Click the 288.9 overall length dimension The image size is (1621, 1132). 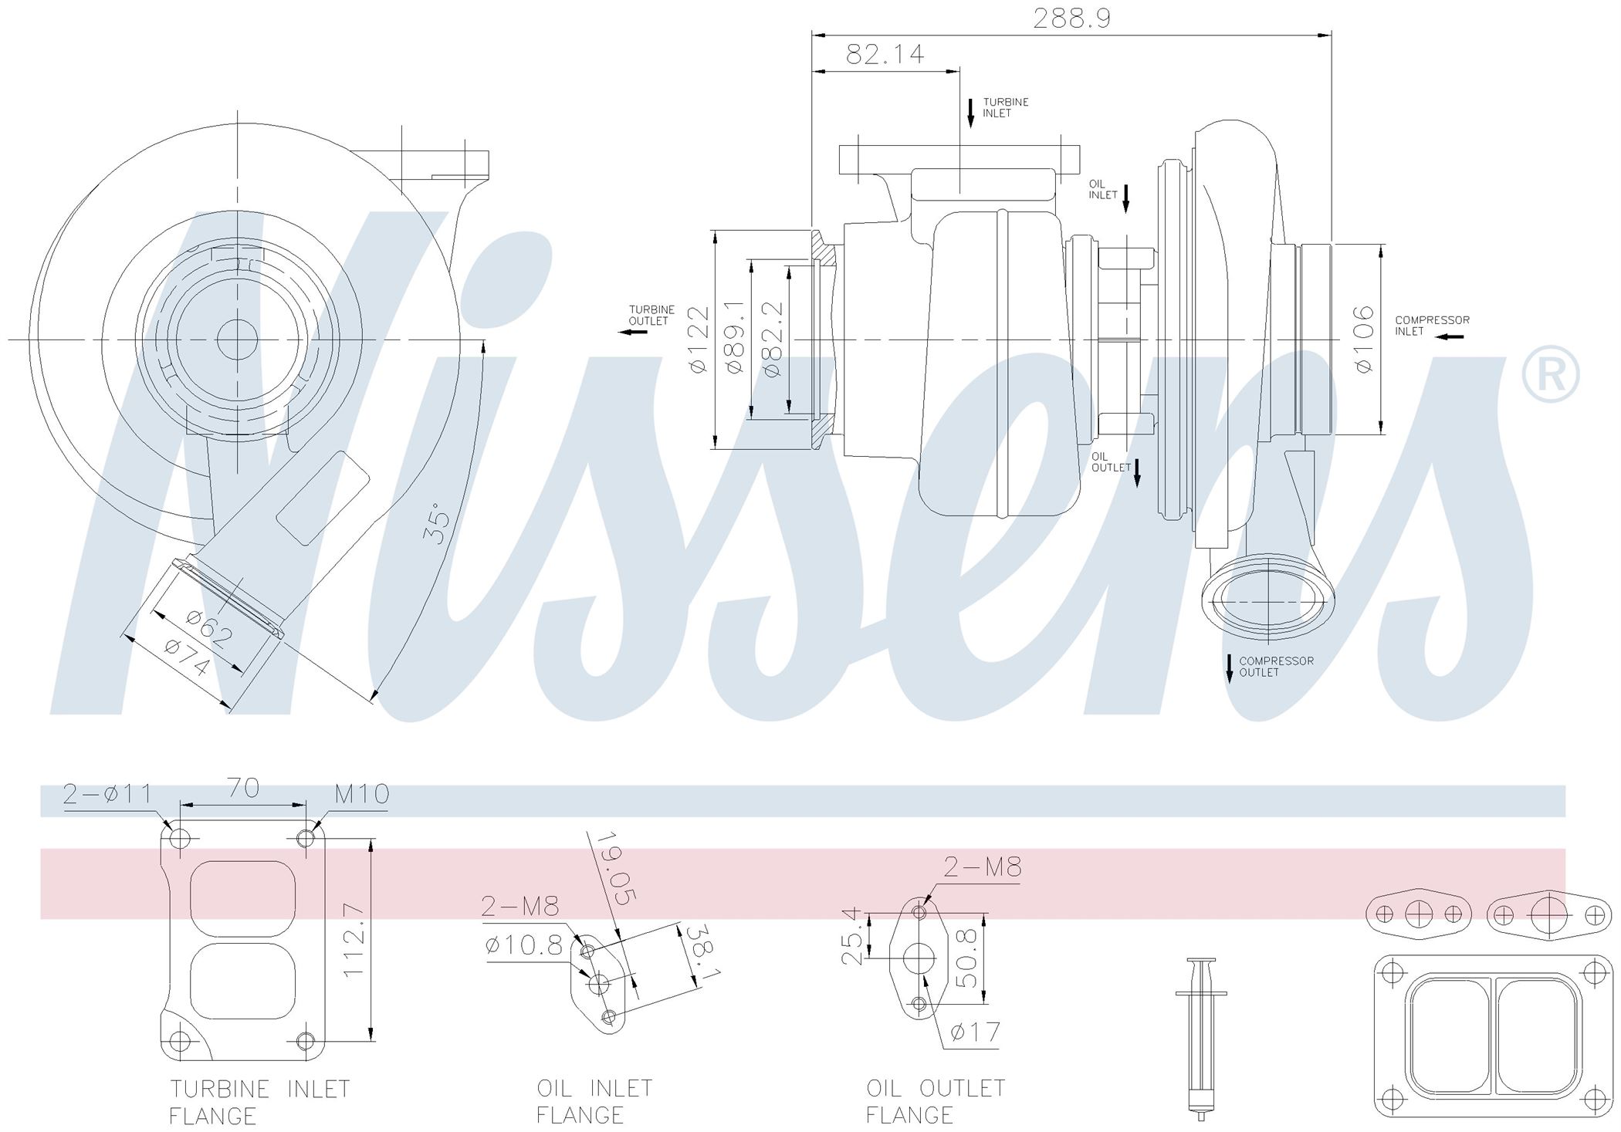pos(1071,18)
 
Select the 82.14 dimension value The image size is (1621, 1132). pos(885,54)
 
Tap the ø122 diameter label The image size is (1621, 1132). pos(699,340)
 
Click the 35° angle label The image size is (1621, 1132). pos(438,523)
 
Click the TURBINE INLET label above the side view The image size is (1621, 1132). pos(1005,107)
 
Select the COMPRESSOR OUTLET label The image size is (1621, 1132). pos(1276,667)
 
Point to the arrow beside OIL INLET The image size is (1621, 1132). pos(1125,198)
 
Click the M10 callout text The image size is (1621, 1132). pos(361,793)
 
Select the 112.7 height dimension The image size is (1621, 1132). pos(353,941)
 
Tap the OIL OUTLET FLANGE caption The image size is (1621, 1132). pos(935,1101)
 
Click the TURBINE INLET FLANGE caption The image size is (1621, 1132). pos(259,1102)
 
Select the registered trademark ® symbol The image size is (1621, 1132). pos(1550,375)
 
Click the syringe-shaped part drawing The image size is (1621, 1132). pos(1200,1039)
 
